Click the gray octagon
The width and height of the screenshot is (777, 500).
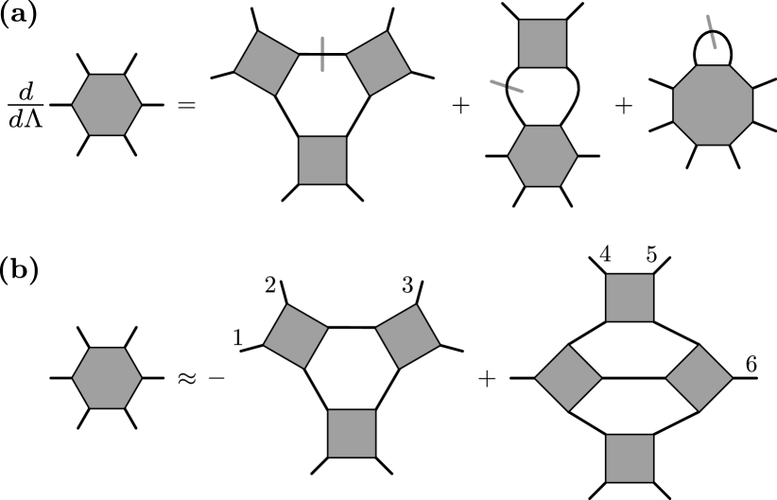(x=713, y=105)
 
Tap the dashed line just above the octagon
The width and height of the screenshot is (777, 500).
(x=711, y=32)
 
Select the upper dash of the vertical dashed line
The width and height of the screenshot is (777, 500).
(x=322, y=44)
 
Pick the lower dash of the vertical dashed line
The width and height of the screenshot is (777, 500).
(x=322, y=64)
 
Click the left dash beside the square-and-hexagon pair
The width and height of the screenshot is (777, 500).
(x=497, y=83)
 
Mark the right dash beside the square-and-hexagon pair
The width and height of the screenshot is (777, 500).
(x=515, y=90)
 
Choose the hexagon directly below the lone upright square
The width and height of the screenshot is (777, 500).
(x=543, y=156)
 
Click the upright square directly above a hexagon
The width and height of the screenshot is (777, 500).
(x=543, y=43)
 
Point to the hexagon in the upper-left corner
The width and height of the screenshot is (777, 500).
(x=107, y=105)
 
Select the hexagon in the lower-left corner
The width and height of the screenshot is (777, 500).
(x=107, y=378)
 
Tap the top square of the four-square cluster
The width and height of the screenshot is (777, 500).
(x=630, y=298)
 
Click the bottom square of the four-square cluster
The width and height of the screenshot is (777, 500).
(x=630, y=458)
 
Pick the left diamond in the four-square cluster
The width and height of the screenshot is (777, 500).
(x=568, y=378)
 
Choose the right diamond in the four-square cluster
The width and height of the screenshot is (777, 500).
(x=699, y=378)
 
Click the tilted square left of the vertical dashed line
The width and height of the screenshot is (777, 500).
(x=267, y=63)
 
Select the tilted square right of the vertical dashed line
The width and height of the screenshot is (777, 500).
(x=378, y=63)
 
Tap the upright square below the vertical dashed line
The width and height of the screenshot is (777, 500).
(x=322, y=160)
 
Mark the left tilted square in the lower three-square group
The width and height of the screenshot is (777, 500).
(x=296, y=336)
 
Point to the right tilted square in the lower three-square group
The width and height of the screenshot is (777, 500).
(x=407, y=336)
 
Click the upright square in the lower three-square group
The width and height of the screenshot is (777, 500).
(x=352, y=433)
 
